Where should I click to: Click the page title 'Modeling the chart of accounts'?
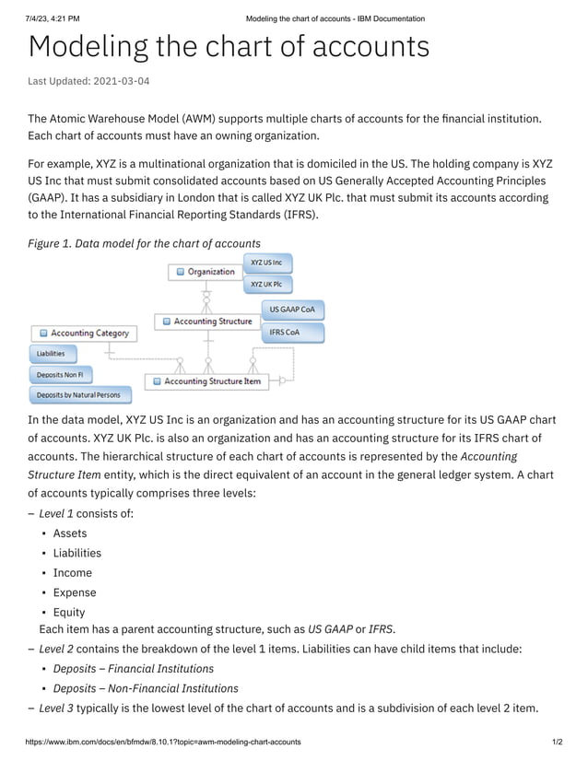click(x=229, y=47)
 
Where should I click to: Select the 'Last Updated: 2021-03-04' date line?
click(x=88, y=81)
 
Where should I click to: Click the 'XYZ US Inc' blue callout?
click(x=266, y=263)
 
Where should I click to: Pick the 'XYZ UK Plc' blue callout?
click(x=266, y=285)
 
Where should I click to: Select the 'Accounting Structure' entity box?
click(x=206, y=322)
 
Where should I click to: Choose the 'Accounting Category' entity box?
click(x=84, y=333)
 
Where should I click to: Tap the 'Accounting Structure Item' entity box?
click(x=206, y=380)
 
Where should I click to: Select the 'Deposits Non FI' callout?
click(x=60, y=375)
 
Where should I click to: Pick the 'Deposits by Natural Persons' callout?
click(x=78, y=395)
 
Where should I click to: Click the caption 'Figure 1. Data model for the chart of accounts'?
click(x=144, y=243)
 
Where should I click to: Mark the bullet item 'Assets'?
click(x=70, y=533)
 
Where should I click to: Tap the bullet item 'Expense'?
click(x=74, y=592)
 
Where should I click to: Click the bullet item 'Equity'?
click(x=69, y=612)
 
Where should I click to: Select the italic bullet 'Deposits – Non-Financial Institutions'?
click(x=145, y=688)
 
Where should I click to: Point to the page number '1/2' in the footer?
click(x=557, y=742)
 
